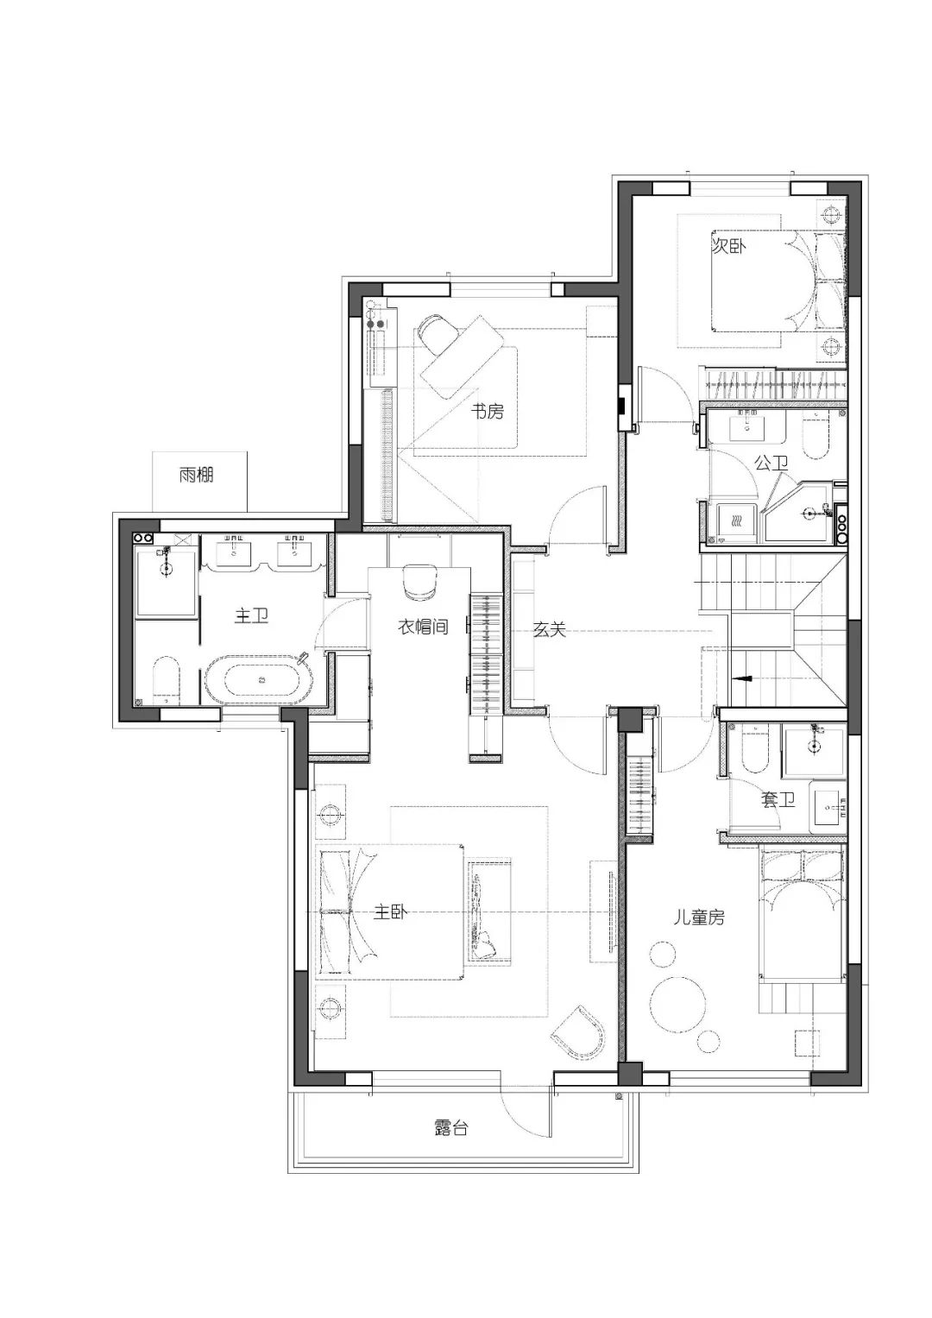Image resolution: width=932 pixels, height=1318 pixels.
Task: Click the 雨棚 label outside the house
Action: click(197, 475)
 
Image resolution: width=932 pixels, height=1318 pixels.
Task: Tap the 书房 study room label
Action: click(486, 412)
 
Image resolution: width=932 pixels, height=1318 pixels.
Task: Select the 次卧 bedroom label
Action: click(729, 246)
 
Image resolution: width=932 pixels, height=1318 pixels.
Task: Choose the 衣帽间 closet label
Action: click(422, 627)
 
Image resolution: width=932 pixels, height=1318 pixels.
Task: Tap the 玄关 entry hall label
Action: click(549, 630)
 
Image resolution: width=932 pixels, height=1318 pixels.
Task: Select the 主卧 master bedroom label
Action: click(391, 912)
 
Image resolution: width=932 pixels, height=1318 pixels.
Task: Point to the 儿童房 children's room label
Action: click(699, 918)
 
